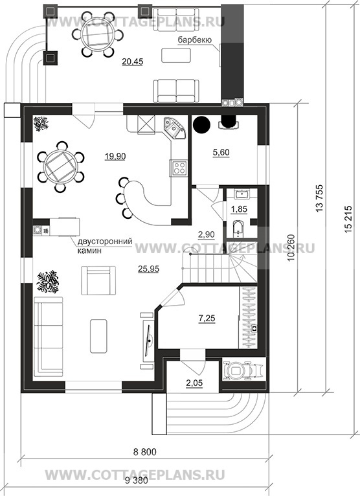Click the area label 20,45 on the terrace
(x=132, y=62)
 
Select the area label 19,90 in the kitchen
(x=115, y=156)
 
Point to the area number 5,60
(x=221, y=152)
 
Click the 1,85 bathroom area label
(x=239, y=209)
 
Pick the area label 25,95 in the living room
(x=148, y=269)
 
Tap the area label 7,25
(x=207, y=318)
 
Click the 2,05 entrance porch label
(x=194, y=383)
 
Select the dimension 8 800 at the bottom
(x=145, y=452)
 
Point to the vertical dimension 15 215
(x=348, y=220)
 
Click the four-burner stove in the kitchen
(x=179, y=168)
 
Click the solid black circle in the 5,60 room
(x=201, y=124)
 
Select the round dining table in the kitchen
(x=60, y=166)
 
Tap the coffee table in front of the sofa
(x=98, y=336)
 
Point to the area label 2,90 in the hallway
(x=207, y=234)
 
